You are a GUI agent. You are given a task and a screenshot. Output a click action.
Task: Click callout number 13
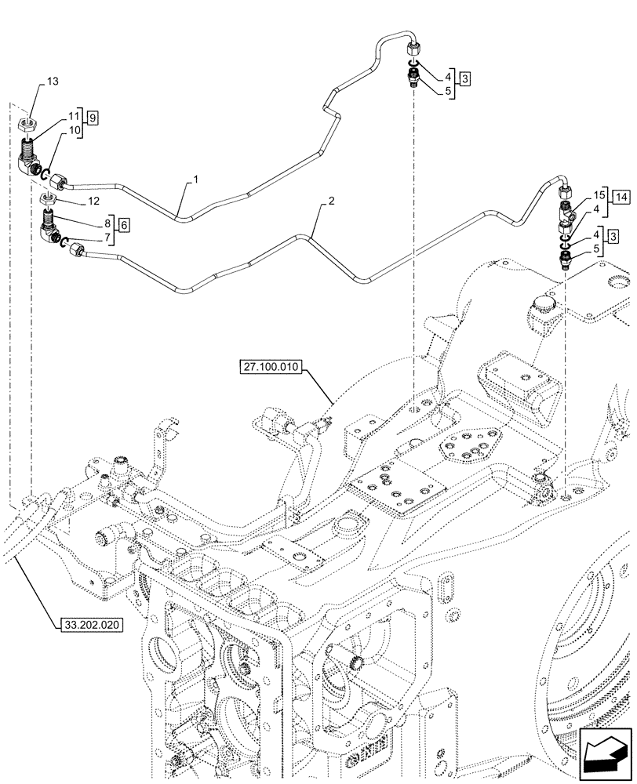pyautogui.click(x=52, y=82)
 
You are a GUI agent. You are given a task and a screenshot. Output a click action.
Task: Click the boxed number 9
pyautogui.click(x=93, y=118)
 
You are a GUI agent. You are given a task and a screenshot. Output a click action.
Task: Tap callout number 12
pyautogui.click(x=93, y=201)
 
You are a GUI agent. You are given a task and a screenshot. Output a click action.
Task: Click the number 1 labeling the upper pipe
pyautogui.click(x=195, y=180)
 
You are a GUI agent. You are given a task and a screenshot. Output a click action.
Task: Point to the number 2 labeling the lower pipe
pyautogui.click(x=332, y=201)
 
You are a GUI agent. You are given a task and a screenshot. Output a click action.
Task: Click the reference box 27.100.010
pyautogui.click(x=271, y=368)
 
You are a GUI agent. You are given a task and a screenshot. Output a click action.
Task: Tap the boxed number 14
pyautogui.click(x=621, y=195)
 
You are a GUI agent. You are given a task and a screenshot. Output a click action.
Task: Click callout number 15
pyautogui.click(x=599, y=194)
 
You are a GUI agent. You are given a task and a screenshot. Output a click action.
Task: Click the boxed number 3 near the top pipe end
pyautogui.click(x=465, y=79)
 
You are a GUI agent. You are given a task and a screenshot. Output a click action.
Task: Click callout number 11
pyautogui.click(x=75, y=116)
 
